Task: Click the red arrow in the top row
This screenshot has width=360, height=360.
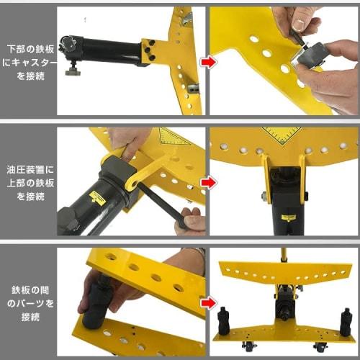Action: (207, 63)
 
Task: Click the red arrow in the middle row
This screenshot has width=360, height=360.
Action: (207, 183)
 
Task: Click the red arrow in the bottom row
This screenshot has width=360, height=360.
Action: (207, 303)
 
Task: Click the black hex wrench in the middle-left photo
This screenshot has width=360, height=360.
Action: (158, 204)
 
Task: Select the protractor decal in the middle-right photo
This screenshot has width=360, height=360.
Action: (282, 134)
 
